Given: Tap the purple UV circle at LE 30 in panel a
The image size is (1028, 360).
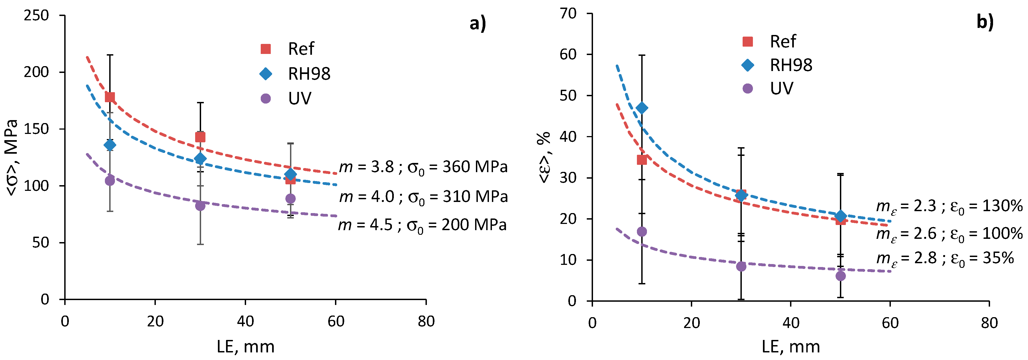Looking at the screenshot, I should pyautogui.click(x=200, y=206).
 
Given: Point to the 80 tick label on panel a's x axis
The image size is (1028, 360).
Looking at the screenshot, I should pyautogui.click(x=426, y=321).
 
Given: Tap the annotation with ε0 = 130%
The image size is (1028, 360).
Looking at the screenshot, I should pyautogui.click(x=949, y=206).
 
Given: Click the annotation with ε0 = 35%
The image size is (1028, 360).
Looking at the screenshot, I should pyautogui.click(x=945, y=259).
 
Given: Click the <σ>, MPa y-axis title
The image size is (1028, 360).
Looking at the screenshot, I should pyautogui.click(x=12, y=158).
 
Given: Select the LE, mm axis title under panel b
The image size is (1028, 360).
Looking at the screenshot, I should pyautogui.click(x=791, y=347).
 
